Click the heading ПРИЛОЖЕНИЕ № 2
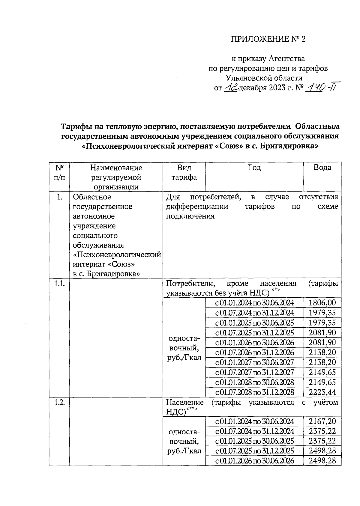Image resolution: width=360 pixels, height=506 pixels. tap(268, 39)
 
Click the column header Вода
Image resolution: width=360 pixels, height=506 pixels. tap(322, 168)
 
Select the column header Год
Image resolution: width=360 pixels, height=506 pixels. tap(254, 168)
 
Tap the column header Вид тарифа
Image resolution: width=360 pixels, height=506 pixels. tap(184, 172)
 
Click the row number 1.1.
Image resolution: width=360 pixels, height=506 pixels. tap(59, 284)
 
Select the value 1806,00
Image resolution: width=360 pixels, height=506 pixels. tap(322, 303)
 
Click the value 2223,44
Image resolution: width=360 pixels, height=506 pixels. tap(322, 392)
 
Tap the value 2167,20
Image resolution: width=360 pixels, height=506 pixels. tap(322, 421)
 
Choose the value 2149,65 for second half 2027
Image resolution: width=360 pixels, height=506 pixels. tap(322, 372)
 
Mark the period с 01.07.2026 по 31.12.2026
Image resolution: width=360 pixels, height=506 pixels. tap(254, 353)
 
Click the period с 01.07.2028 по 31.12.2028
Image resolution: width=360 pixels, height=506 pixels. tap(254, 392)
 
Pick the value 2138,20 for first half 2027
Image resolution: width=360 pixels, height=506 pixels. tap(322, 362)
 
